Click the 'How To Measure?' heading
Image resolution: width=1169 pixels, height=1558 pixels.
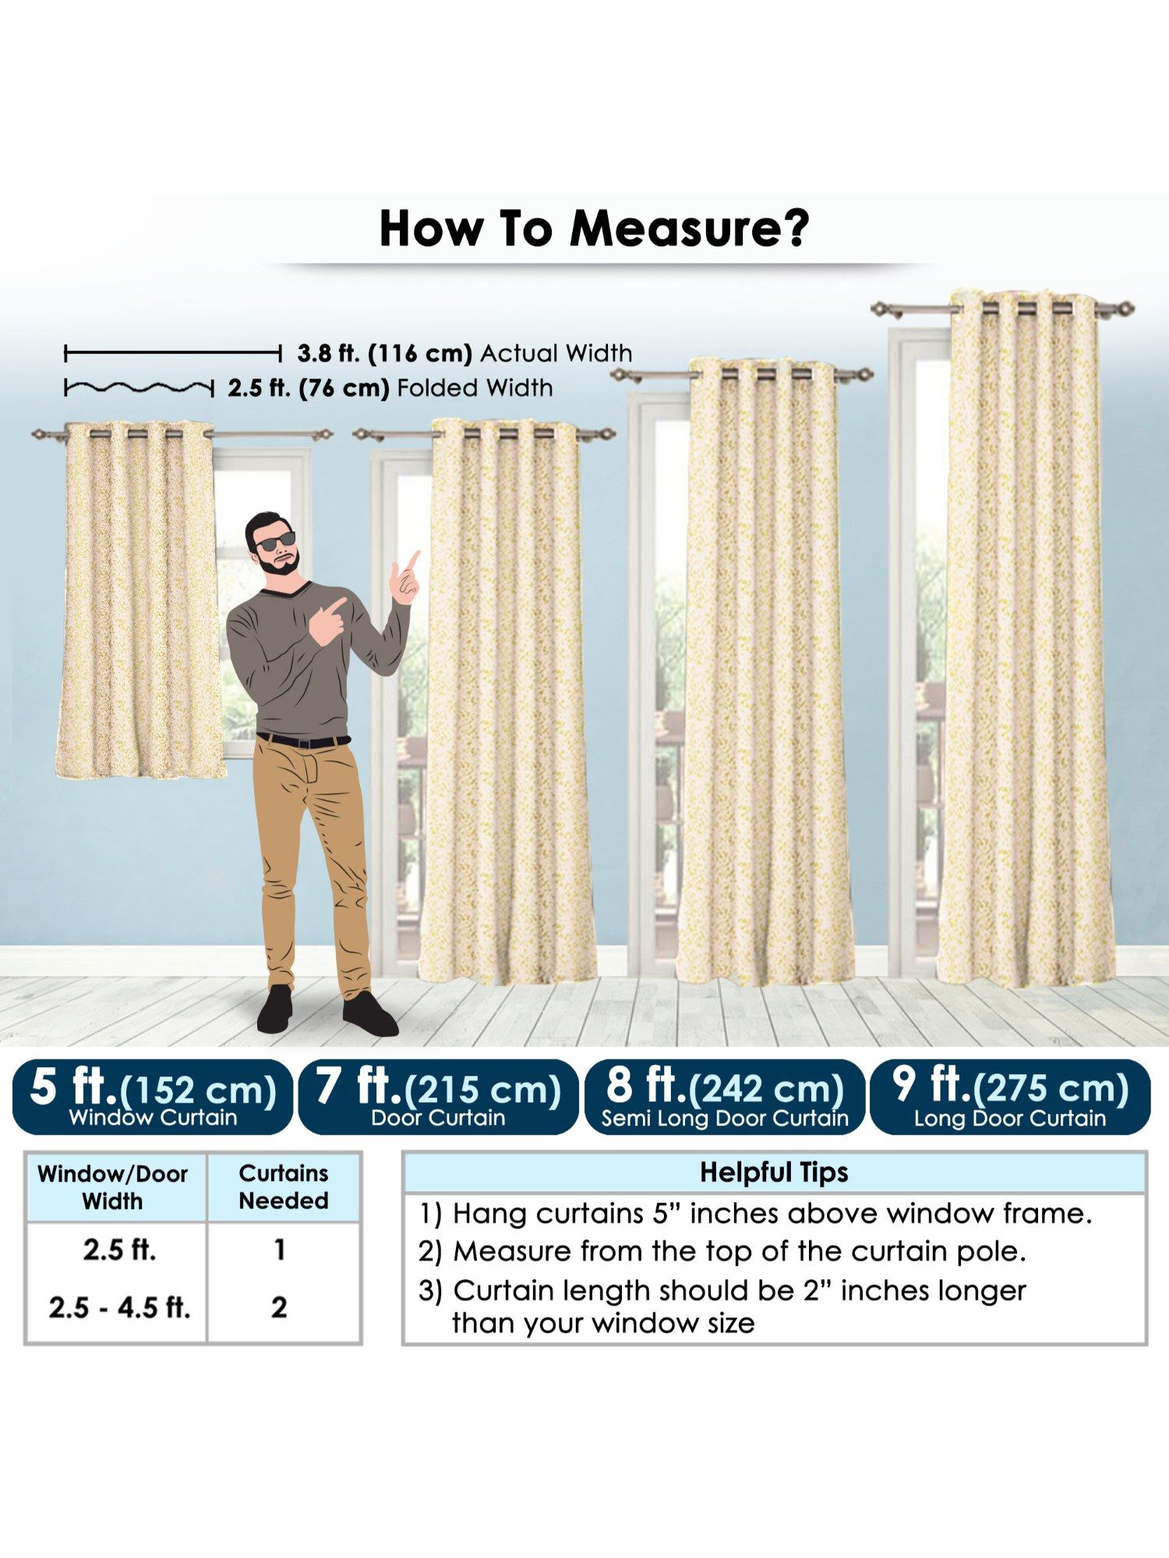coord(594,228)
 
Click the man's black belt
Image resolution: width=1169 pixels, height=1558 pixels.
coord(303,740)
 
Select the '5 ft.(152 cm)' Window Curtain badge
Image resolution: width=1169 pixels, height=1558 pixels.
coord(153,1097)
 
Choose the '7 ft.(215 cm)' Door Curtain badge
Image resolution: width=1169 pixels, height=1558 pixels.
coord(439,1097)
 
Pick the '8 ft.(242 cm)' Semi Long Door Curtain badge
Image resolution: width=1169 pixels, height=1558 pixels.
coord(725,1097)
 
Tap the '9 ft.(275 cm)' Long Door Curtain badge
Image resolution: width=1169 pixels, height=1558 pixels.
coord(1010,1097)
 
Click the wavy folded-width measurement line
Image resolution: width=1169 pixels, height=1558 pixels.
coord(139,387)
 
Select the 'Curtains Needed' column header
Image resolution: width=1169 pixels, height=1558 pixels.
coord(284,1186)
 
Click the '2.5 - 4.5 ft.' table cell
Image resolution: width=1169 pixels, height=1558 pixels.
coord(119,1307)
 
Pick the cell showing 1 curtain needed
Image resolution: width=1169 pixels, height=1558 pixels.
coord(280,1250)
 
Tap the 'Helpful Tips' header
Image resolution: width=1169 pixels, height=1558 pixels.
coord(774,1172)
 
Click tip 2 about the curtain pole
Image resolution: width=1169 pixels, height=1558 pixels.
coord(722,1252)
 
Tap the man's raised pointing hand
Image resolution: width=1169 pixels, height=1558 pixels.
coord(405,578)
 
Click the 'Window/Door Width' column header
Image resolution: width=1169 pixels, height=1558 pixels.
coord(113,1187)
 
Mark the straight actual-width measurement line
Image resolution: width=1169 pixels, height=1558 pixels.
coord(172,354)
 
